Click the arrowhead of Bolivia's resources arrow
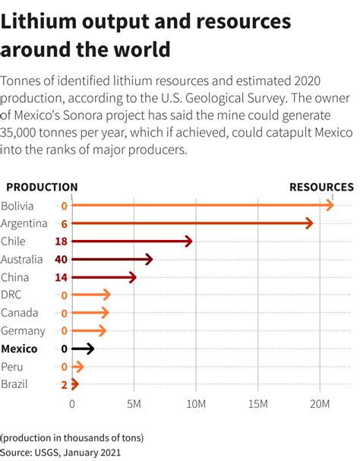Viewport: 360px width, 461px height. point(330,205)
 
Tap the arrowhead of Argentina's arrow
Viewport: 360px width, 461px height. point(309,223)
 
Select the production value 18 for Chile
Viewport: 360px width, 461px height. point(62,241)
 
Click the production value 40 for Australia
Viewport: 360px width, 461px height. point(62,259)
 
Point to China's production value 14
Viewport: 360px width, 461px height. point(62,277)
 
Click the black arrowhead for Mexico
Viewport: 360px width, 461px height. point(91,349)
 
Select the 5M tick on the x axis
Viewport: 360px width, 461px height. point(134,403)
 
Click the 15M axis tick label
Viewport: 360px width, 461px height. point(257,403)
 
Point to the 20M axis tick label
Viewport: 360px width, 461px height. point(320,403)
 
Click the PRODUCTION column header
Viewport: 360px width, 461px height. point(42,187)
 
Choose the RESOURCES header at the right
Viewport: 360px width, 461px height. point(321,187)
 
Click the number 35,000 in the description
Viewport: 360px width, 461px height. point(24,133)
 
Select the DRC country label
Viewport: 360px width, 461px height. point(11,295)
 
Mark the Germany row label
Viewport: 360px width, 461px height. point(23,330)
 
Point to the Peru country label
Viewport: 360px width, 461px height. point(12,366)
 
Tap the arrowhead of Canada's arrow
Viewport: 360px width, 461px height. point(106,313)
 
